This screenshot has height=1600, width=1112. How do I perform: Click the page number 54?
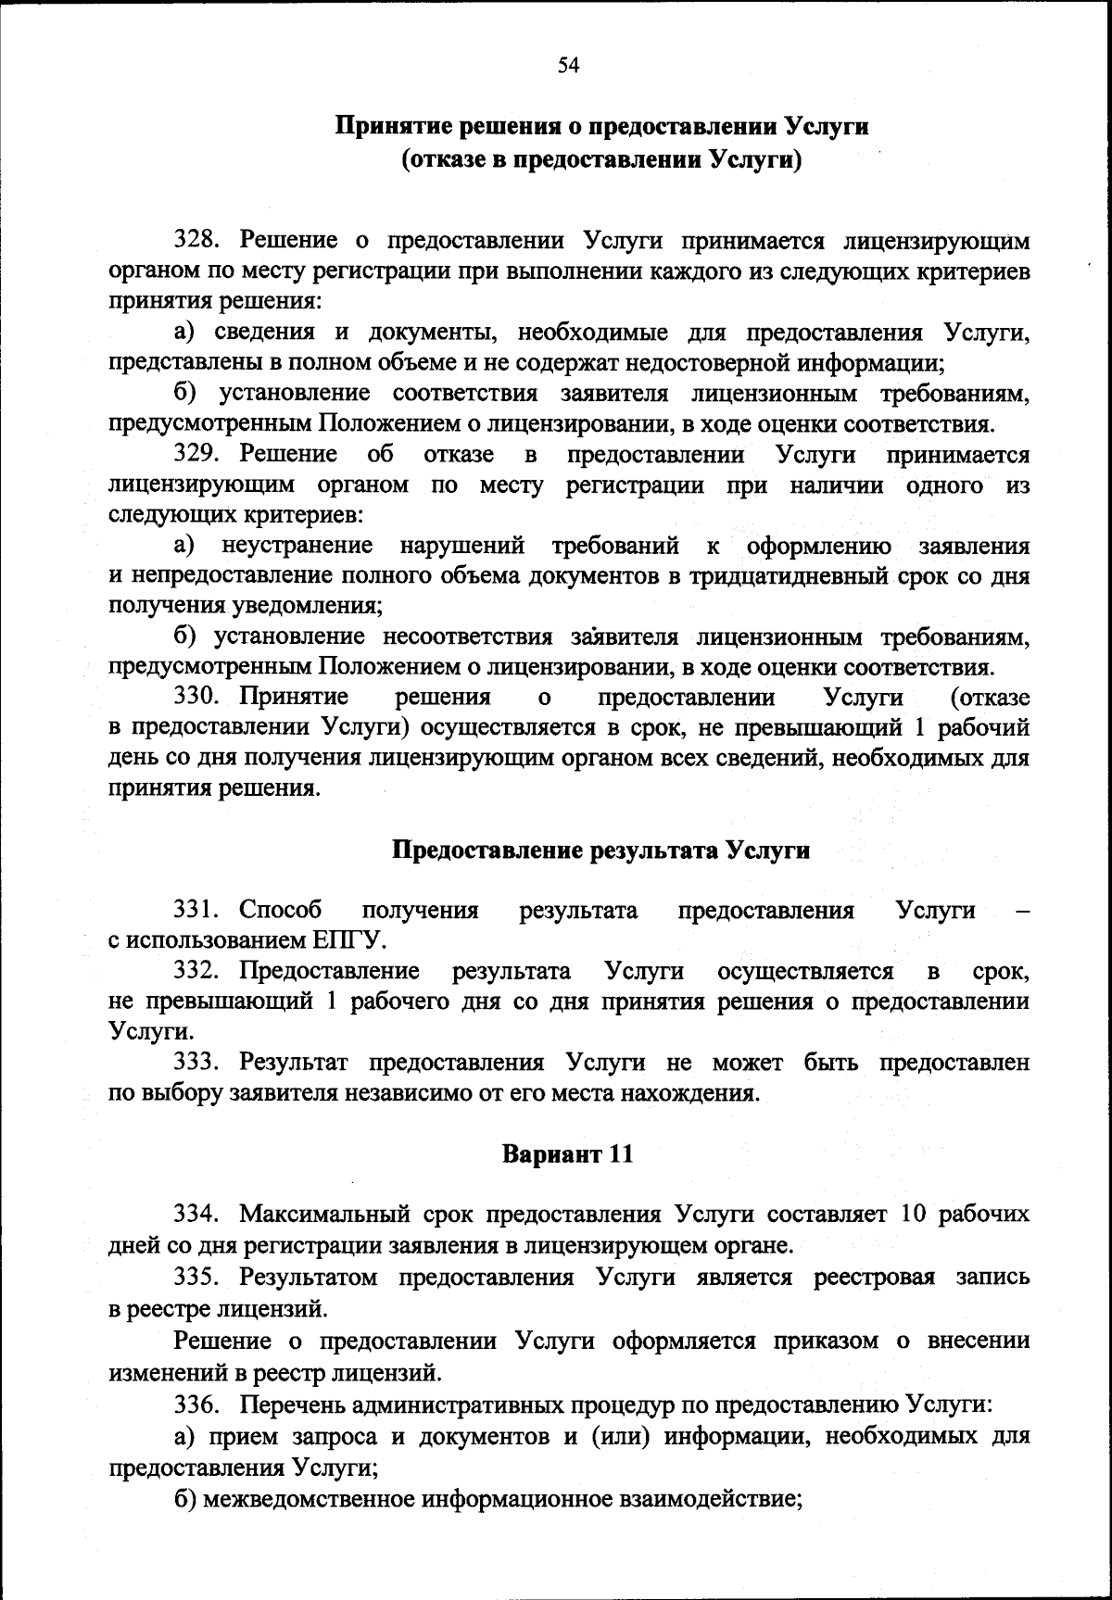(x=568, y=64)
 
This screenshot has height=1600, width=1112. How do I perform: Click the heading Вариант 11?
(x=568, y=1153)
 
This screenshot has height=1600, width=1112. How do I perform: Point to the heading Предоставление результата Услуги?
(x=601, y=850)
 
